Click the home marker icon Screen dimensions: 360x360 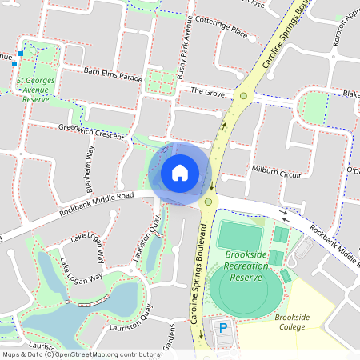[x=180, y=172]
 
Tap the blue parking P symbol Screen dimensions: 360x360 [x=223, y=328]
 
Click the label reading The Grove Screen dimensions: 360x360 [x=206, y=92]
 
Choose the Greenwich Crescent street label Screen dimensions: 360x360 [x=92, y=132]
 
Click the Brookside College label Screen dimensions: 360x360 [x=292, y=322]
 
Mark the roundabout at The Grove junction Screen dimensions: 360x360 [x=243, y=96]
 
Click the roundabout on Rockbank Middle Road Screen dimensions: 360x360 [x=208, y=202]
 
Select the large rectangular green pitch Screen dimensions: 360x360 [x=239, y=237]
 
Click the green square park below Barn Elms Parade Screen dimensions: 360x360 [x=162, y=82]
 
